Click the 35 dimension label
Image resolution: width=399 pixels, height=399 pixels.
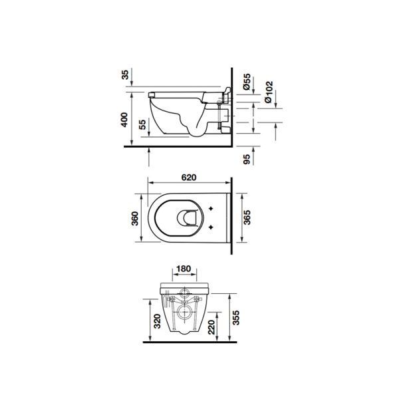(x=125, y=74)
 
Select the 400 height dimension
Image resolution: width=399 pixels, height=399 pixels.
(x=124, y=120)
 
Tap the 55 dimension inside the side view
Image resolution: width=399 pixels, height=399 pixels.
(x=143, y=124)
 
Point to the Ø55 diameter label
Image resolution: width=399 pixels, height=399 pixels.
(x=247, y=82)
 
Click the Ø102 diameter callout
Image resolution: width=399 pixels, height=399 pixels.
(x=269, y=92)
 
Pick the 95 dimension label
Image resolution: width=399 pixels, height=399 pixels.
(x=247, y=160)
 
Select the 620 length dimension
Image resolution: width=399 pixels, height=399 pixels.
(x=189, y=178)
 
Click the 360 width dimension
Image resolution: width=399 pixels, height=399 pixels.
(x=134, y=218)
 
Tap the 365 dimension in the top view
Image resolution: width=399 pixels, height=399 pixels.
(x=247, y=217)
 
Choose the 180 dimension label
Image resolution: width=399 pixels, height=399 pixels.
(x=184, y=269)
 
